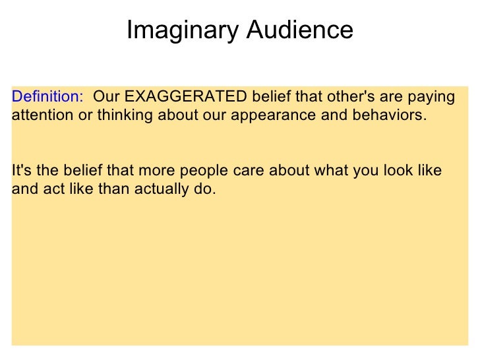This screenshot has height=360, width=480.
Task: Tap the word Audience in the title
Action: pos(300,30)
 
